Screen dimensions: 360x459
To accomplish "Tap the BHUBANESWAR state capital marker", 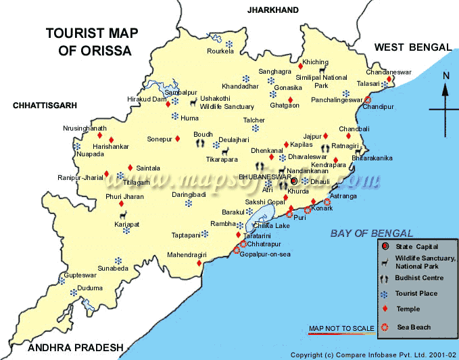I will (x=294, y=181).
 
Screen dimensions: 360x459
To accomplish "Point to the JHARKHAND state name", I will (x=272, y=10).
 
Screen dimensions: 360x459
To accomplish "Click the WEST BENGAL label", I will (x=412, y=47).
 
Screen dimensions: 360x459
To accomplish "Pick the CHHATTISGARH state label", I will (x=45, y=106).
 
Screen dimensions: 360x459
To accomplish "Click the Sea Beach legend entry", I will (x=414, y=328).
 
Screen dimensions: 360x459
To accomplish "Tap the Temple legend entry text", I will (x=409, y=309).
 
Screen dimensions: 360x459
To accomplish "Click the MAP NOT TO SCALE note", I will (x=341, y=329).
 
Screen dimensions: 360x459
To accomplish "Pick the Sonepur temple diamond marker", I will (x=178, y=139).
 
